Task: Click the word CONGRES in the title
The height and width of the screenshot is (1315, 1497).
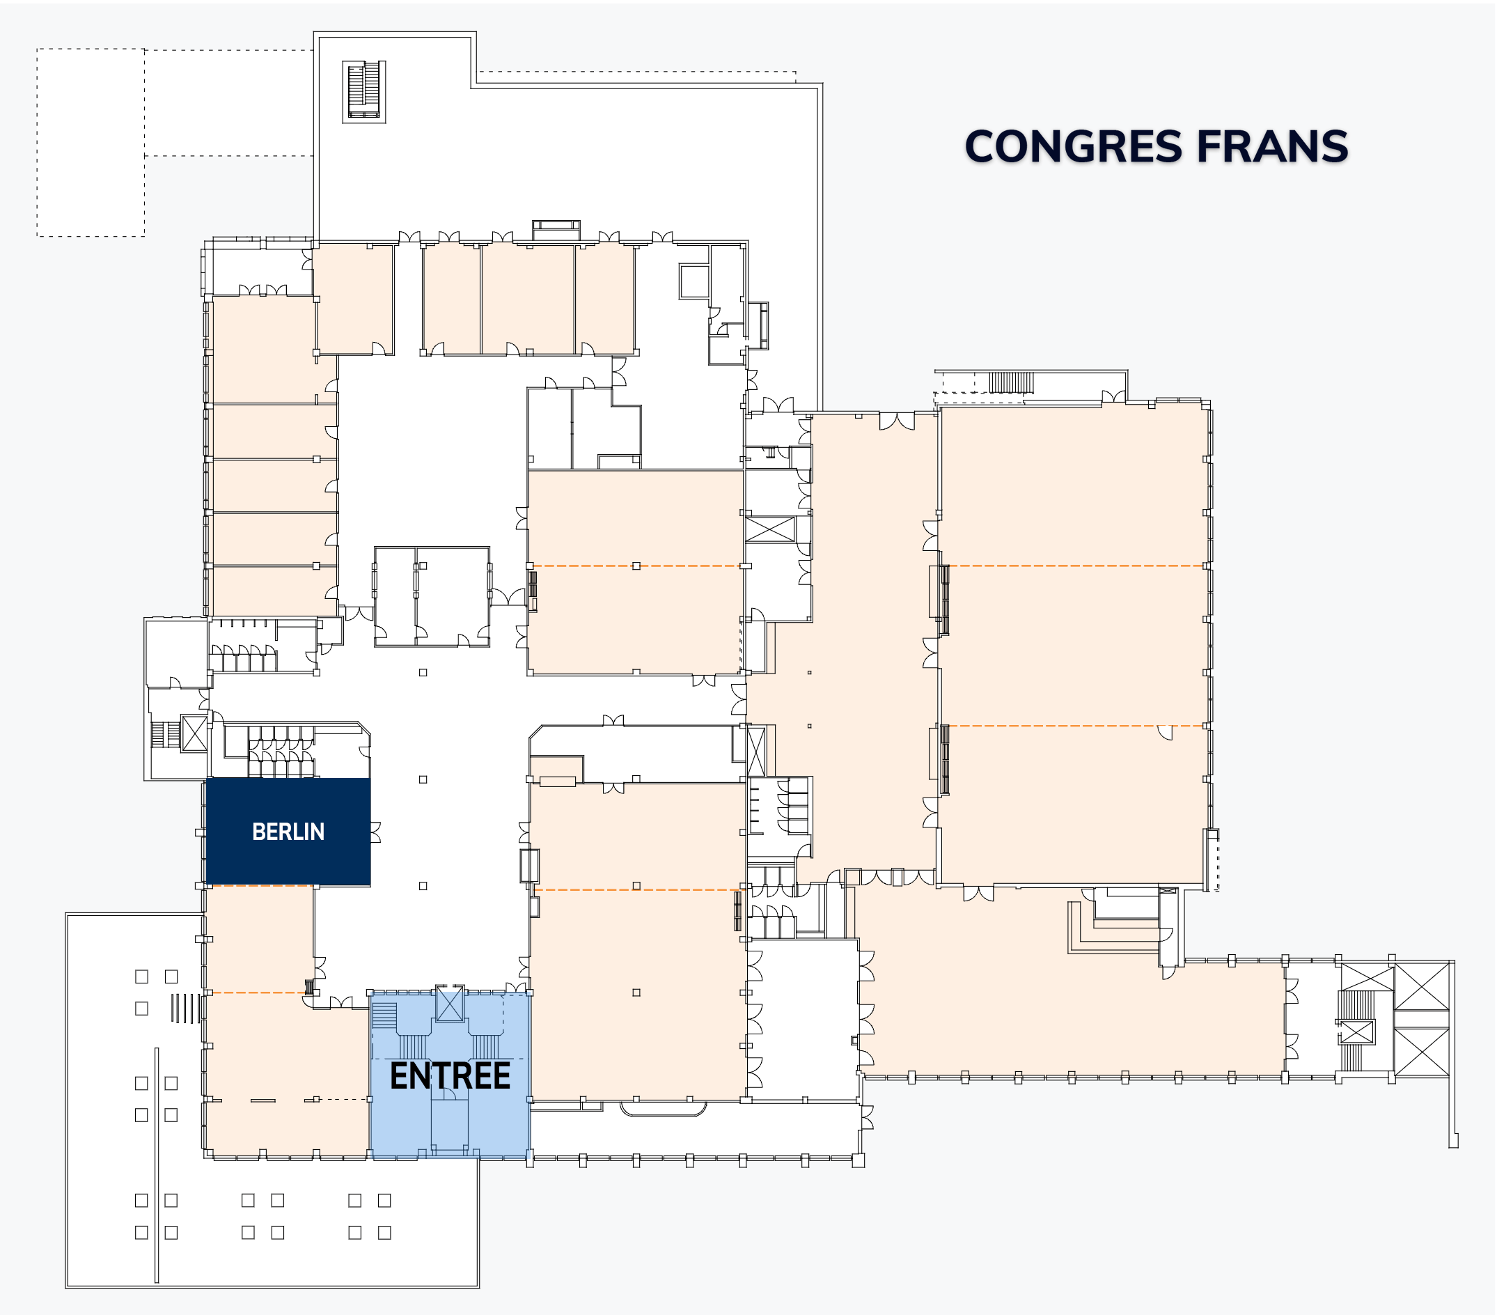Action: click(1073, 146)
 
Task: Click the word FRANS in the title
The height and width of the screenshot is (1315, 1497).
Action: click(1272, 146)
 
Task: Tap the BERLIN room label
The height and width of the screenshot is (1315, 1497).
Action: click(288, 832)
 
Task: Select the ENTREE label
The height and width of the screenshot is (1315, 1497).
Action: click(450, 1075)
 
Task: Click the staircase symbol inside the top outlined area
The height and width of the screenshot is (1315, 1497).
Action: click(364, 91)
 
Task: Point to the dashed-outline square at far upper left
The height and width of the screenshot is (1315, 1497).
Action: click(91, 143)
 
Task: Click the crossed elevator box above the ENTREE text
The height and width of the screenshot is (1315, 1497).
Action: click(450, 1004)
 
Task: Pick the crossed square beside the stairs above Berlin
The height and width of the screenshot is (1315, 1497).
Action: click(194, 733)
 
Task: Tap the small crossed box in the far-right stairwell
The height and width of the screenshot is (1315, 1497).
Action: click(1356, 1032)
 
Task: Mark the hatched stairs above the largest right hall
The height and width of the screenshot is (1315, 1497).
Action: click(1011, 382)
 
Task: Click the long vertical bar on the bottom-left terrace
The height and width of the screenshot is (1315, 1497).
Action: click(157, 1165)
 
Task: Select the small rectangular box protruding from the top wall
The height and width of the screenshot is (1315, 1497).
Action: click(556, 229)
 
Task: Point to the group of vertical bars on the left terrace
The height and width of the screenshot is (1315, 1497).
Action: click(185, 1008)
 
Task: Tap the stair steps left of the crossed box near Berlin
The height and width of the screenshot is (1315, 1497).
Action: click(165, 734)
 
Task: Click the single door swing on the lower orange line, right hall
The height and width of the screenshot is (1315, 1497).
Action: click(1164, 733)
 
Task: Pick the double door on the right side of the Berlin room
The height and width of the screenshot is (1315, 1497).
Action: click(376, 832)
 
